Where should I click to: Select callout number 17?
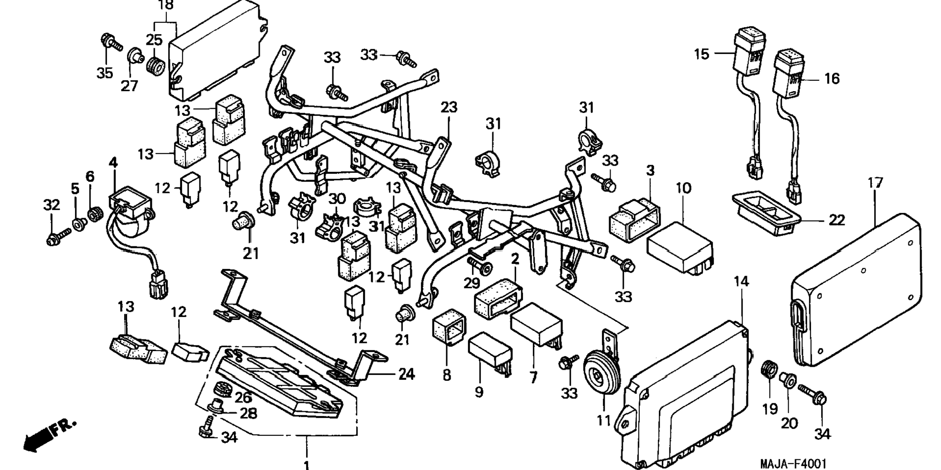point(874,183)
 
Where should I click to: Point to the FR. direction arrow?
point(49,434)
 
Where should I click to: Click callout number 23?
point(449,107)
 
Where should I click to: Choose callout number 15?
point(701,54)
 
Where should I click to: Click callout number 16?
point(832,78)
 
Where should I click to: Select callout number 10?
point(683,188)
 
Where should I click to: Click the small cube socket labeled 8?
point(449,326)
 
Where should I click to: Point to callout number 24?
point(406,374)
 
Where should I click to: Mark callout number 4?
point(113,163)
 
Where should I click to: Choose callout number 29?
point(471,283)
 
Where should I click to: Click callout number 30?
point(337,199)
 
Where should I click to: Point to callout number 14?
point(741,281)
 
